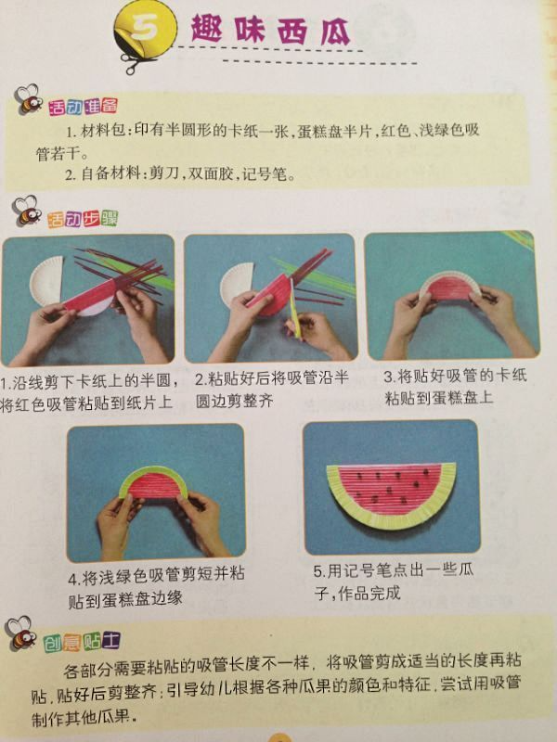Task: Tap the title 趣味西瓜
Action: click(270, 30)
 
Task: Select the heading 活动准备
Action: click(83, 107)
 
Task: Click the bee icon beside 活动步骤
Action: click(27, 211)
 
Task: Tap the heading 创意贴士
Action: click(81, 642)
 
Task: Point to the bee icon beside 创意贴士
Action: click(20, 633)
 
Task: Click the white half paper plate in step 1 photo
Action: click(46, 281)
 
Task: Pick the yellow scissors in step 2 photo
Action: click(294, 308)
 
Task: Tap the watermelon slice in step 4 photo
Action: click(153, 482)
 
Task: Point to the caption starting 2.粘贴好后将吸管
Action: click(272, 390)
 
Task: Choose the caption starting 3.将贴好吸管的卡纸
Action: click(455, 387)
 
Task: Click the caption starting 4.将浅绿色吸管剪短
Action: click(156, 587)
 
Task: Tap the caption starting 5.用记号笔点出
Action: click(394, 582)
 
